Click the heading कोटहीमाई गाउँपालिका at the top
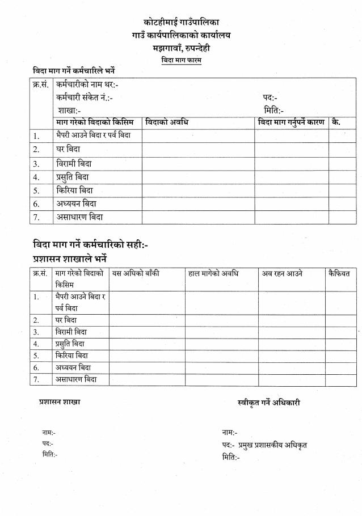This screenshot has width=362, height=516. (x=181, y=23)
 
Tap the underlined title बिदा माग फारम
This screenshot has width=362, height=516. (x=181, y=60)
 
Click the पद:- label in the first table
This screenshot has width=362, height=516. (x=270, y=98)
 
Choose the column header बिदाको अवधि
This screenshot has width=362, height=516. (x=167, y=122)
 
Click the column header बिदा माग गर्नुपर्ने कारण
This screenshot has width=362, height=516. (x=291, y=122)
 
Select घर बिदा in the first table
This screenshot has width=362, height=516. (x=68, y=150)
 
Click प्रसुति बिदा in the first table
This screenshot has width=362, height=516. (x=73, y=177)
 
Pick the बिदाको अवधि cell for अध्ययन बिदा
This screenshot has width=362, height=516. (x=197, y=204)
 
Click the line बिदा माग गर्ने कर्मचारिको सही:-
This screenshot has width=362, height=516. (x=91, y=245)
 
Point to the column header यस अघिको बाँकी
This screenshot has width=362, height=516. (x=136, y=273)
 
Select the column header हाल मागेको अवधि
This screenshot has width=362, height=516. (x=213, y=273)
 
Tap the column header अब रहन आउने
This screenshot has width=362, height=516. (x=282, y=273)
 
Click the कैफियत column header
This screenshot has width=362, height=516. (x=339, y=273)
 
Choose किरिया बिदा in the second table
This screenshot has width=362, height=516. (x=72, y=356)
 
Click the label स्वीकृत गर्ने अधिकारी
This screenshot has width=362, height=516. (x=269, y=403)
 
